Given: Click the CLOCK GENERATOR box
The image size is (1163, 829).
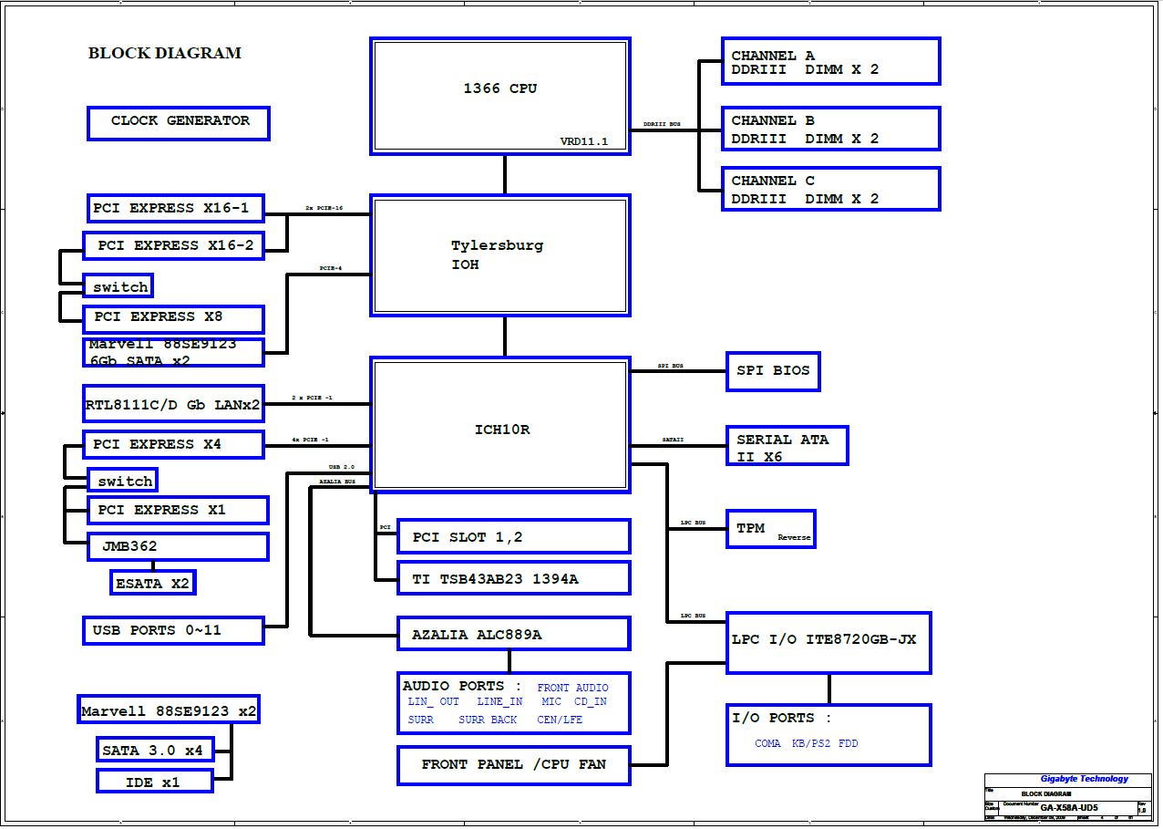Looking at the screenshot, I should [x=179, y=122].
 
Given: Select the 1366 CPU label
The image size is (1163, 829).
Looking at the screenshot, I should [x=500, y=88].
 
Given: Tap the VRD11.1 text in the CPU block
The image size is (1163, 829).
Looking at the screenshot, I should [x=583, y=141].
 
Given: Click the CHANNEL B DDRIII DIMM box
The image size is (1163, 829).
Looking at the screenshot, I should [x=830, y=129].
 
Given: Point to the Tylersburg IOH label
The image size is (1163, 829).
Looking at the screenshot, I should [x=497, y=254].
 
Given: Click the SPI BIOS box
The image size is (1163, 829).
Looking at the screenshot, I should [x=772, y=371].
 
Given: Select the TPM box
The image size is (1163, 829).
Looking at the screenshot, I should [x=769, y=529].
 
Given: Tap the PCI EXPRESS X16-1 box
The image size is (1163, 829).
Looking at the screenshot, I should [x=175, y=208].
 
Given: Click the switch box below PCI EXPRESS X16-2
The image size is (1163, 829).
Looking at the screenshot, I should [x=118, y=286].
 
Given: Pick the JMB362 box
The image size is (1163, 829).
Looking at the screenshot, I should [x=178, y=546].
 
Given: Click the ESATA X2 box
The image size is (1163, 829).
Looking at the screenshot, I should [x=152, y=582].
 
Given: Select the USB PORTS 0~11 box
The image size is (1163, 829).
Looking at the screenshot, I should [x=173, y=630].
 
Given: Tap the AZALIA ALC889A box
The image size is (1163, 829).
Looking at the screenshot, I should [x=513, y=634].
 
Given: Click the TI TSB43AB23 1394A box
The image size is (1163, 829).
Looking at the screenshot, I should [x=513, y=578].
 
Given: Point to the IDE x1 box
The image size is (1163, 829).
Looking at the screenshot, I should [x=154, y=781].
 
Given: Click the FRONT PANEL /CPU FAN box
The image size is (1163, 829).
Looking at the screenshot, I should [x=513, y=765].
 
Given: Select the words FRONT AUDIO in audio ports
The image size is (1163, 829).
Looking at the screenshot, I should [x=572, y=688].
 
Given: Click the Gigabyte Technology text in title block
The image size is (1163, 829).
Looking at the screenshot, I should [x=1084, y=779].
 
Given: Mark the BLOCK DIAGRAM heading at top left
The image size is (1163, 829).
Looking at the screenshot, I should [x=165, y=53].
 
